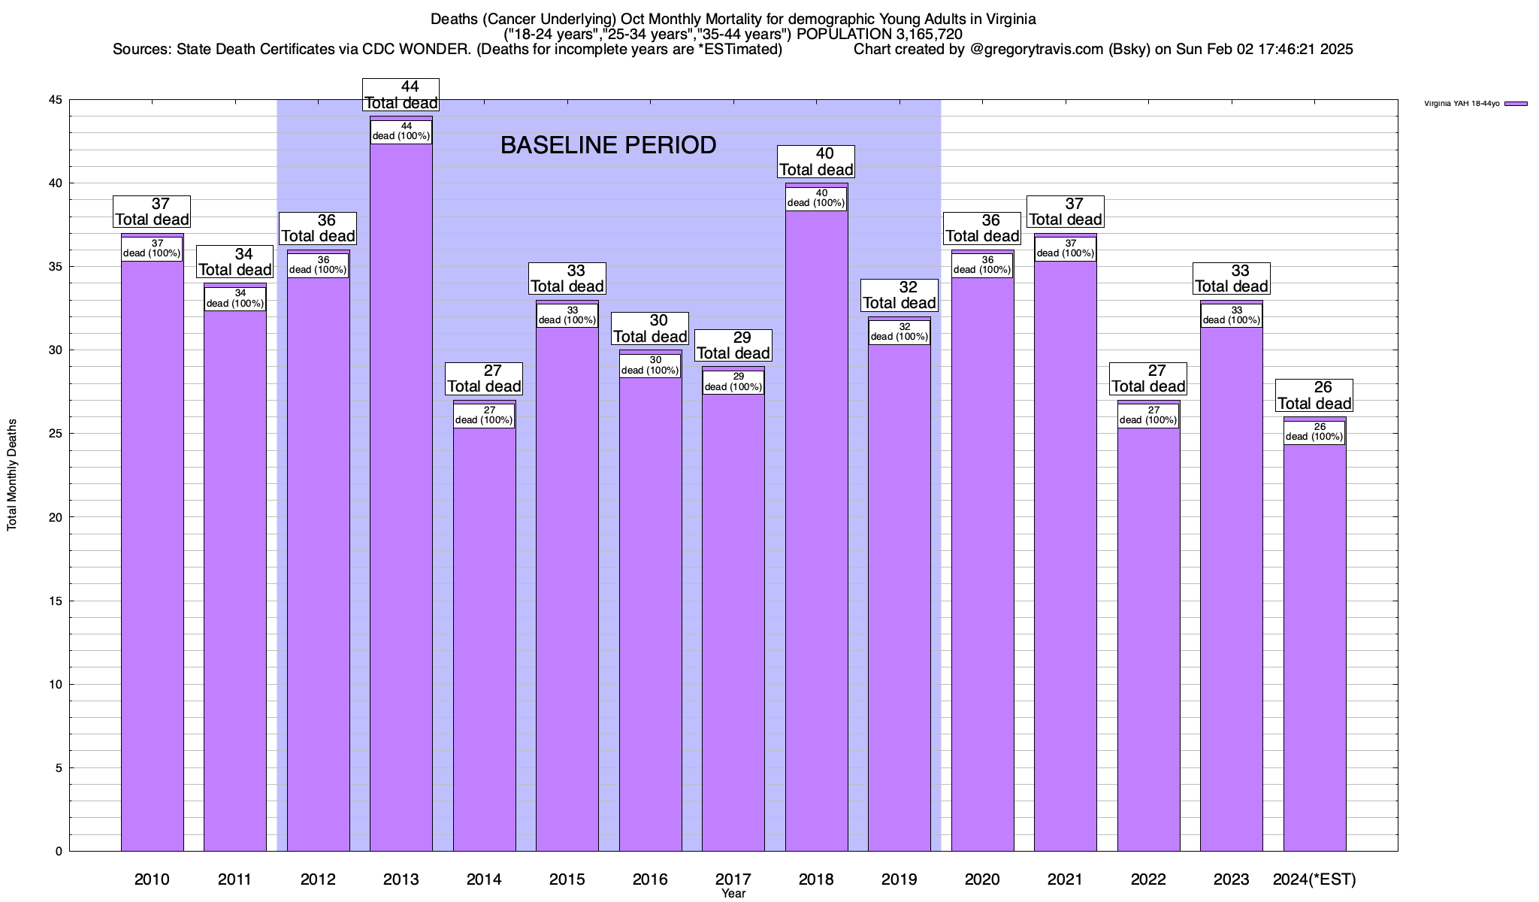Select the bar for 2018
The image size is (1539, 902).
816,526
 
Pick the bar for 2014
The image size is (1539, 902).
484,639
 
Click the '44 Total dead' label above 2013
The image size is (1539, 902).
401,95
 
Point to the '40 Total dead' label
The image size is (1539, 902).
816,162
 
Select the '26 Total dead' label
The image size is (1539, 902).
1314,395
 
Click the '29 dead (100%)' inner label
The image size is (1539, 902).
733,382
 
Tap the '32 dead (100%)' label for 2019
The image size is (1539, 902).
900,331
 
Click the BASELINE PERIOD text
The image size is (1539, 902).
608,145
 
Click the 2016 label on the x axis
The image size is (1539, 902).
650,879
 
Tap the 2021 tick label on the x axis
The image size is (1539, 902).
1065,879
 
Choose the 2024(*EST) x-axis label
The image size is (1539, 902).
1314,879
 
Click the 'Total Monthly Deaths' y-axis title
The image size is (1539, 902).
12,475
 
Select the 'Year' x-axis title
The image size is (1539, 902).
733,894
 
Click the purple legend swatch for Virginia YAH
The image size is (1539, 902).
1516,104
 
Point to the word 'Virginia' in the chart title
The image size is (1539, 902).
1008,19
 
